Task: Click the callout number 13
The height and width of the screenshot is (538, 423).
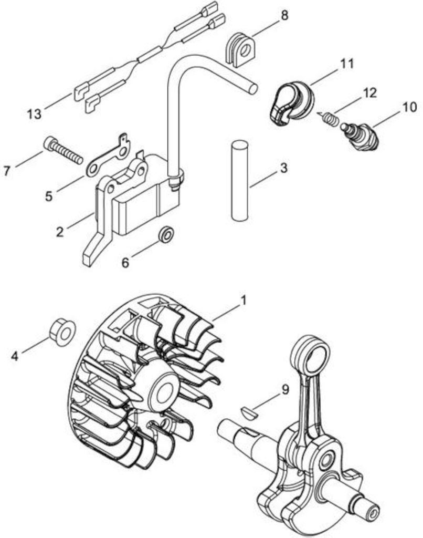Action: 34,113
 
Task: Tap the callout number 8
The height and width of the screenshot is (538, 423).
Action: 284,15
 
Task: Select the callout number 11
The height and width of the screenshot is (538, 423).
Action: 347,64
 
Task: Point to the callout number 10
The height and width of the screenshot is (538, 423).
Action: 410,107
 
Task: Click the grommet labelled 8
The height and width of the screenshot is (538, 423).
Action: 241,49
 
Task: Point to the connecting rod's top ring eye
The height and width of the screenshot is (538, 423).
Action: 311,356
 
